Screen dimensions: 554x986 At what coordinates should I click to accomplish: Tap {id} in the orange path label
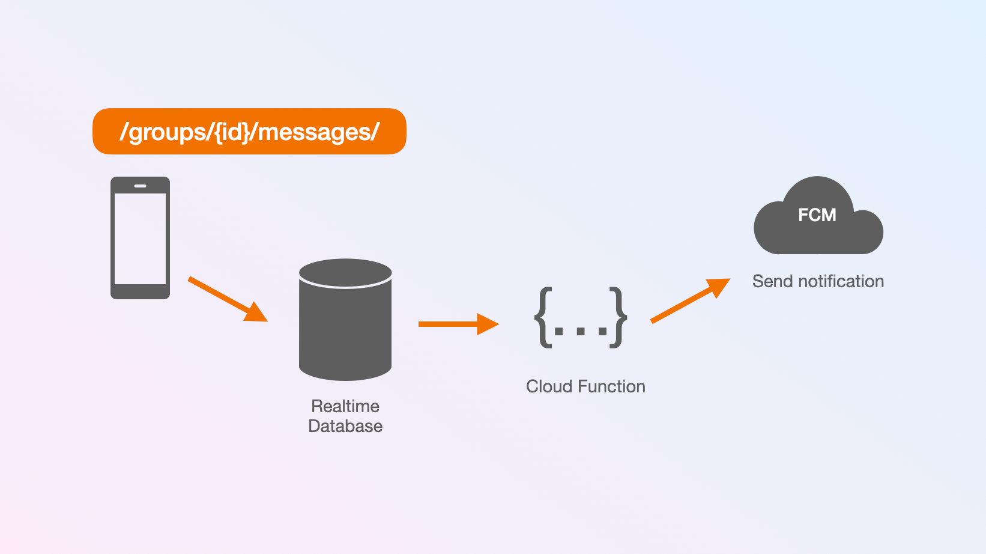pos(232,132)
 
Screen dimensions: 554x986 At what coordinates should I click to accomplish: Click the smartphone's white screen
pos(140,239)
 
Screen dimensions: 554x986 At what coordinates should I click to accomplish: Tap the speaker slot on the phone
pos(140,186)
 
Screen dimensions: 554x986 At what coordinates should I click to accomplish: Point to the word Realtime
pos(345,406)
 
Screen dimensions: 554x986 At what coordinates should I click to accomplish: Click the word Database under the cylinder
pos(345,426)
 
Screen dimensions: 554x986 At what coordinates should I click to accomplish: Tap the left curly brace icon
pos(543,317)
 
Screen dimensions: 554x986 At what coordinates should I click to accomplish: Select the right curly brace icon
pos(618,317)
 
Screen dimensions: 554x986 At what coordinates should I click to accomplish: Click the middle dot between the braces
pos(581,331)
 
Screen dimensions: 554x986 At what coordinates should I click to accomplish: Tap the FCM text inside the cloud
pos(817,215)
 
